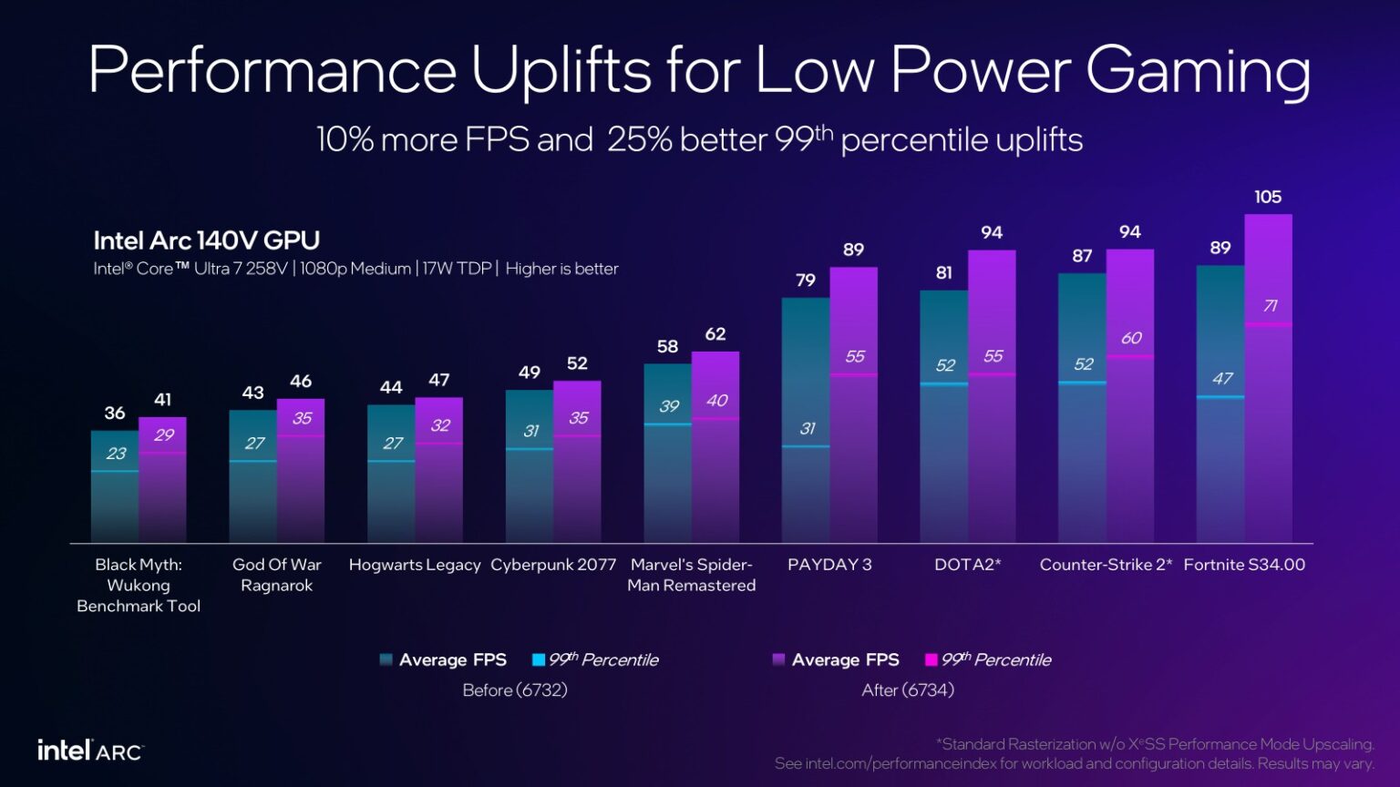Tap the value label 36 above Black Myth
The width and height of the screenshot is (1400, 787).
[x=115, y=413]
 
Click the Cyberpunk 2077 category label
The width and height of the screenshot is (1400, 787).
[x=553, y=565]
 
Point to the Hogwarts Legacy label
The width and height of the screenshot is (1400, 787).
[x=415, y=565]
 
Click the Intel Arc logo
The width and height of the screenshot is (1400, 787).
[x=89, y=751]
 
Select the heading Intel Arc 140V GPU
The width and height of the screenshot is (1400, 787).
[x=206, y=240]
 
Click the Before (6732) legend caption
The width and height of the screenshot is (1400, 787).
[x=515, y=690]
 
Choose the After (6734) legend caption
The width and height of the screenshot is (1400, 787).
[x=908, y=690]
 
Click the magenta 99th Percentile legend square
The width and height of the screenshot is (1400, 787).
[x=931, y=659]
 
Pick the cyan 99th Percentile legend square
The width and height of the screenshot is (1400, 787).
[x=539, y=659]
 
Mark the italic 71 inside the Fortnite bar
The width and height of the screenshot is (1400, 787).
[x=1270, y=306]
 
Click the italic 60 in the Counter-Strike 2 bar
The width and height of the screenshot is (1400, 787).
[x=1131, y=338]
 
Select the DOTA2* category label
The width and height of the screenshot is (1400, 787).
[x=967, y=565]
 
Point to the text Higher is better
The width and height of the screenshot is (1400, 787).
[x=561, y=269]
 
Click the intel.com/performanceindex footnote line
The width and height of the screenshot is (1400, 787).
[x=1074, y=763]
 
